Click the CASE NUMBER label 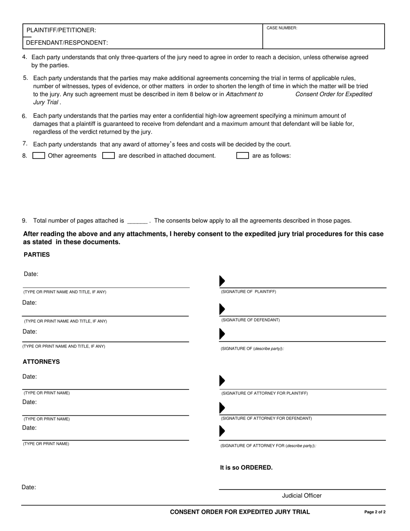click(x=282, y=28)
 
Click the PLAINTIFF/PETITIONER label click(x=61, y=30)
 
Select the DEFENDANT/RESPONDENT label click(x=67, y=43)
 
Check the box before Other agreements click(x=39, y=156)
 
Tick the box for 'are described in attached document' click(x=108, y=156)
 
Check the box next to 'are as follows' click(x=243, y=156)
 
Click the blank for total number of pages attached click(x=137, y=221)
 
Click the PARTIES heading click(x=37, y=255)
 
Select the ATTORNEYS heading click(x=41, y=362)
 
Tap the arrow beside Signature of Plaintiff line click(x=222, y=281)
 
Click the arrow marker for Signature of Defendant click(x=222, y=309)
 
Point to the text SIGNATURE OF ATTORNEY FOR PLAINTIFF click(x=264, y=394)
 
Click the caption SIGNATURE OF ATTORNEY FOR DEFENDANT click(x=266, y=419)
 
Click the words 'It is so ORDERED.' click(x=246, y=468)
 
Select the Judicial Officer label click(x=302, y=496)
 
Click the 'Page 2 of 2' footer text click(x=375, y=512)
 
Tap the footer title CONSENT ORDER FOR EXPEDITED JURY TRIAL click(x=240, y=512)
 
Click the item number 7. click(x=25, y=144)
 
